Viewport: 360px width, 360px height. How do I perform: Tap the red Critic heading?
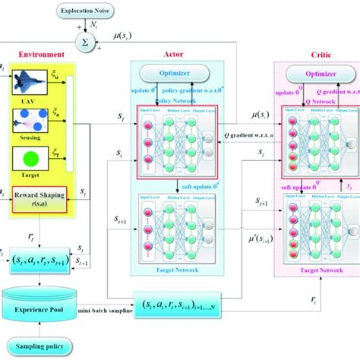(314, 55)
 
